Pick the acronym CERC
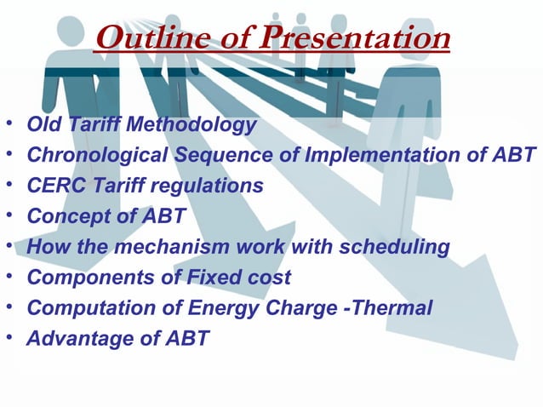(x=53, y=186)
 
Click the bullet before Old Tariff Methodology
(x=9, y=126)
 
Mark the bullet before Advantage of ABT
(x=9, y=338)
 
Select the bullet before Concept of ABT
(x=9, y=216)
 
